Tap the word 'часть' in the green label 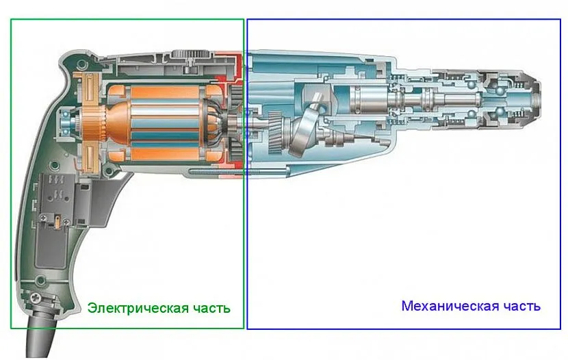(x=210, y=308)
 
